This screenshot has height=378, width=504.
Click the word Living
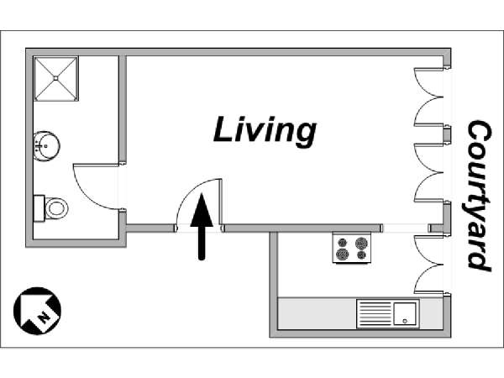(x=265, y=129)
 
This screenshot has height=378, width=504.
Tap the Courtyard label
(x=479, y=196)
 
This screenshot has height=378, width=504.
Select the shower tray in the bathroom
(x=56, y=78)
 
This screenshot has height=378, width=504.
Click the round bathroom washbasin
(x=46, y=146)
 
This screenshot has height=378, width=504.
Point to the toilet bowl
(x=56, y=208)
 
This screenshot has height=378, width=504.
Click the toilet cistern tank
(x=39, y=208)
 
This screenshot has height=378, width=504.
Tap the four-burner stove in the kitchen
(x=352, y=248)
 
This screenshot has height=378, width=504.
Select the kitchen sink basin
(x=405, y=313)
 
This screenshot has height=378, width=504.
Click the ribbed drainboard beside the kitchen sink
(x=375, y=313)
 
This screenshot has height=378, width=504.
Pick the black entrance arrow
(x=202, y=226)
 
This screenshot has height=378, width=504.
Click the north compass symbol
(x=37, y=311)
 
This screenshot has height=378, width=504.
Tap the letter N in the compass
(x=44, y=318)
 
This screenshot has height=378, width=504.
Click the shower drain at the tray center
(x=56, y=78)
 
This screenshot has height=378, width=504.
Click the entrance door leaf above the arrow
(x=220, y=202)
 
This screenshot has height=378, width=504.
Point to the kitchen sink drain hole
(x=405, y=321)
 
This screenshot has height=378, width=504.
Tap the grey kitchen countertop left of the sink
(x=317, y=313)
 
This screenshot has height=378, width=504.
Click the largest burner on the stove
(x=361, y=243)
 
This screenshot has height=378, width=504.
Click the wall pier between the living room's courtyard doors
(x=447, y=135)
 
